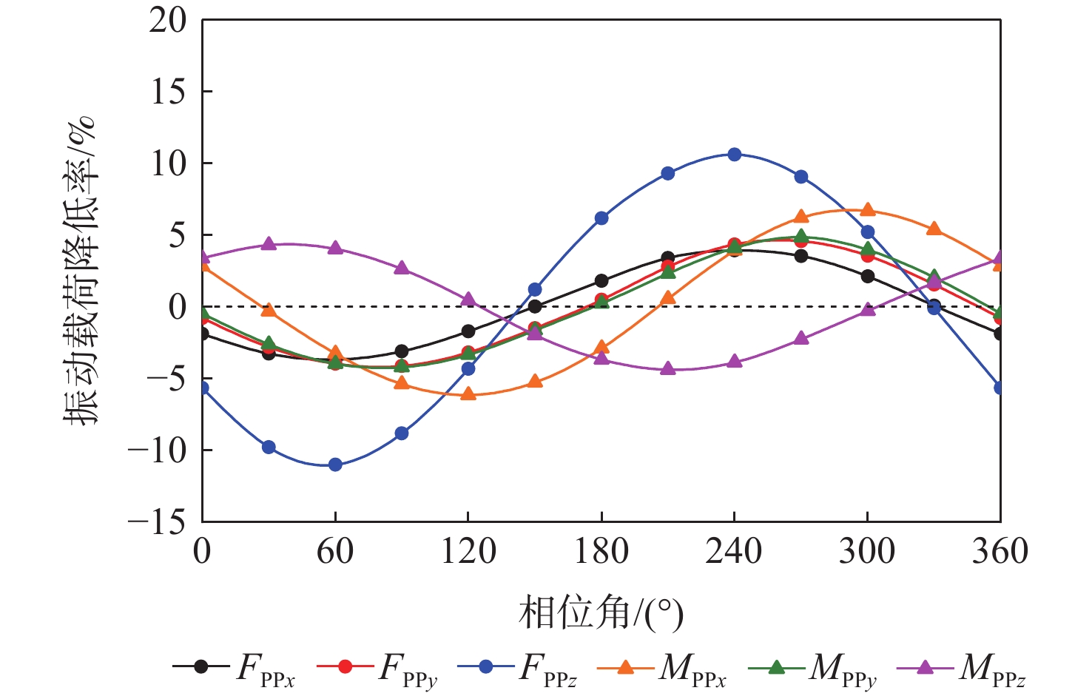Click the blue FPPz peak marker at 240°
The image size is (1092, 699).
coord(734,154)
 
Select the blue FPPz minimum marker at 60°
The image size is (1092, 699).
coord(335,465)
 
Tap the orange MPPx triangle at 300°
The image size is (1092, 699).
coord(867,210)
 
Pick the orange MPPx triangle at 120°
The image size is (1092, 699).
coord(468,394)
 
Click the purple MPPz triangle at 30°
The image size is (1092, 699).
coord(269,244)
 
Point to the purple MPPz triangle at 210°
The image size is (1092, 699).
coord(667,368)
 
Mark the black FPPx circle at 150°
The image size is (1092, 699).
coord(535,306)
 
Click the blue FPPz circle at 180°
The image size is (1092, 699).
coord(601,218)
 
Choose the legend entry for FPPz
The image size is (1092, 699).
coord(518,667)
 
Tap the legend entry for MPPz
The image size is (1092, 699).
coord(962,667)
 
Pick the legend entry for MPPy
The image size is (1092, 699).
coord(813,667)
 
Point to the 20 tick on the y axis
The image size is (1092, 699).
coord(169,20)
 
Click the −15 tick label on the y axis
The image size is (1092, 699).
coord(157,522)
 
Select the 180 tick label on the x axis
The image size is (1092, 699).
coord(601,552)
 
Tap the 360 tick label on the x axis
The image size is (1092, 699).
coord(1000,552)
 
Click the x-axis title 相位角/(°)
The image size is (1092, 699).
coord(601,613)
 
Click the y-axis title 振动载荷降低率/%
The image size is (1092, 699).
coord(80,270)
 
